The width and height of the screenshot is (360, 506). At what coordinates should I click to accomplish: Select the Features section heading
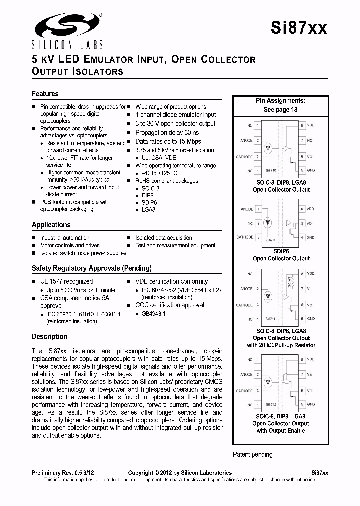45,94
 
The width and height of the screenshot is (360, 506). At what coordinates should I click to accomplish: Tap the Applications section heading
51,225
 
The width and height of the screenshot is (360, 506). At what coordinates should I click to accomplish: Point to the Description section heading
50,336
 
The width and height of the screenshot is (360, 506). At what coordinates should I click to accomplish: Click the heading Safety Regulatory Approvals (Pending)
92,268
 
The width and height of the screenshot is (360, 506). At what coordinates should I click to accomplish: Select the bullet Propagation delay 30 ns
167,133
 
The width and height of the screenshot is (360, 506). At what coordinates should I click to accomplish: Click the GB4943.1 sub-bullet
154,314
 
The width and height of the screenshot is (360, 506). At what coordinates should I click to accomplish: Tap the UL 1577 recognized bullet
66,282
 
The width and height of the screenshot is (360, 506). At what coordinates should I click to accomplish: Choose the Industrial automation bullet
65,238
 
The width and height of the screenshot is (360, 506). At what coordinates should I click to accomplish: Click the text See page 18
280,110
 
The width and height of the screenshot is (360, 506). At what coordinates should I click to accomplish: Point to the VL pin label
310,288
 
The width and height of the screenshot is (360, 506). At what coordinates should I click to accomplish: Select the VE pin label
310,374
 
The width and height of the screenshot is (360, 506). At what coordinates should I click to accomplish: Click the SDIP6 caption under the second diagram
280,251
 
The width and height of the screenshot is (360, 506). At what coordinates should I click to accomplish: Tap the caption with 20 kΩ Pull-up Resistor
281,345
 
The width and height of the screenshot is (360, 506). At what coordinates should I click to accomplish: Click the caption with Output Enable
280,431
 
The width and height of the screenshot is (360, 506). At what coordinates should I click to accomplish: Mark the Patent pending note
253,454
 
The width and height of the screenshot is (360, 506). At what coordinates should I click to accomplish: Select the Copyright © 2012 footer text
180,473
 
